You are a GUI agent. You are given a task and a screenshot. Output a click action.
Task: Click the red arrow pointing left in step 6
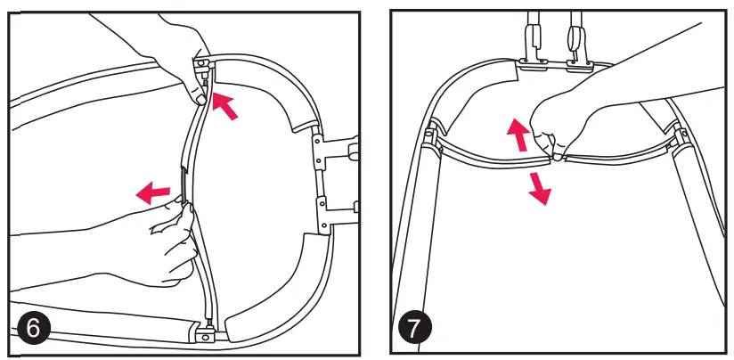[153, 191]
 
